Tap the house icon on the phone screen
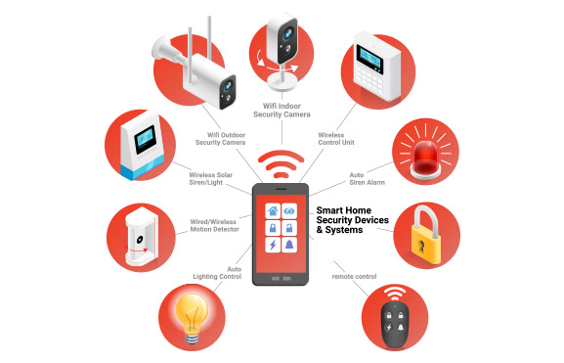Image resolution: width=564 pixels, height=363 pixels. (273, 211)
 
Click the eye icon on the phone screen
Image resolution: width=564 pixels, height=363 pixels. (288, 211)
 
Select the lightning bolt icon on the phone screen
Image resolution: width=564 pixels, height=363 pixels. (273, 245)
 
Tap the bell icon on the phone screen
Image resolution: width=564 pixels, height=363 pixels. (289, 245)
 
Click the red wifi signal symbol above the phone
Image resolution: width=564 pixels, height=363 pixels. (281, 163)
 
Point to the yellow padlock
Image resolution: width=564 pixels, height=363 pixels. (426, 235)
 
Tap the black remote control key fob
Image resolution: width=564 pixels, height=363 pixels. (395, 323)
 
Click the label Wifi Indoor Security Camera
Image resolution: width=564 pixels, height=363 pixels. (282, 111)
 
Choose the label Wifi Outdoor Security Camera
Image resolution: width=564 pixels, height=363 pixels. (220, 139)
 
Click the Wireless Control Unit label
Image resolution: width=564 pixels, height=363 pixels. (336, 139)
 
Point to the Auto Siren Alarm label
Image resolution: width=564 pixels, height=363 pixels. (367, 179)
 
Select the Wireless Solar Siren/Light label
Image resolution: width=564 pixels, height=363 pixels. (211, 179)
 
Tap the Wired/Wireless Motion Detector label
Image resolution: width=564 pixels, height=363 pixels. (214, 225)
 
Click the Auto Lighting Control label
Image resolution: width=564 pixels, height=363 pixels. (217, 273)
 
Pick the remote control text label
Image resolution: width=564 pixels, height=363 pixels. (354, 277)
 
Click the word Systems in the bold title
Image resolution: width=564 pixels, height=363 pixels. (344, 230)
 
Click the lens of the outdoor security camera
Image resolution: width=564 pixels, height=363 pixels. (228, 86)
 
